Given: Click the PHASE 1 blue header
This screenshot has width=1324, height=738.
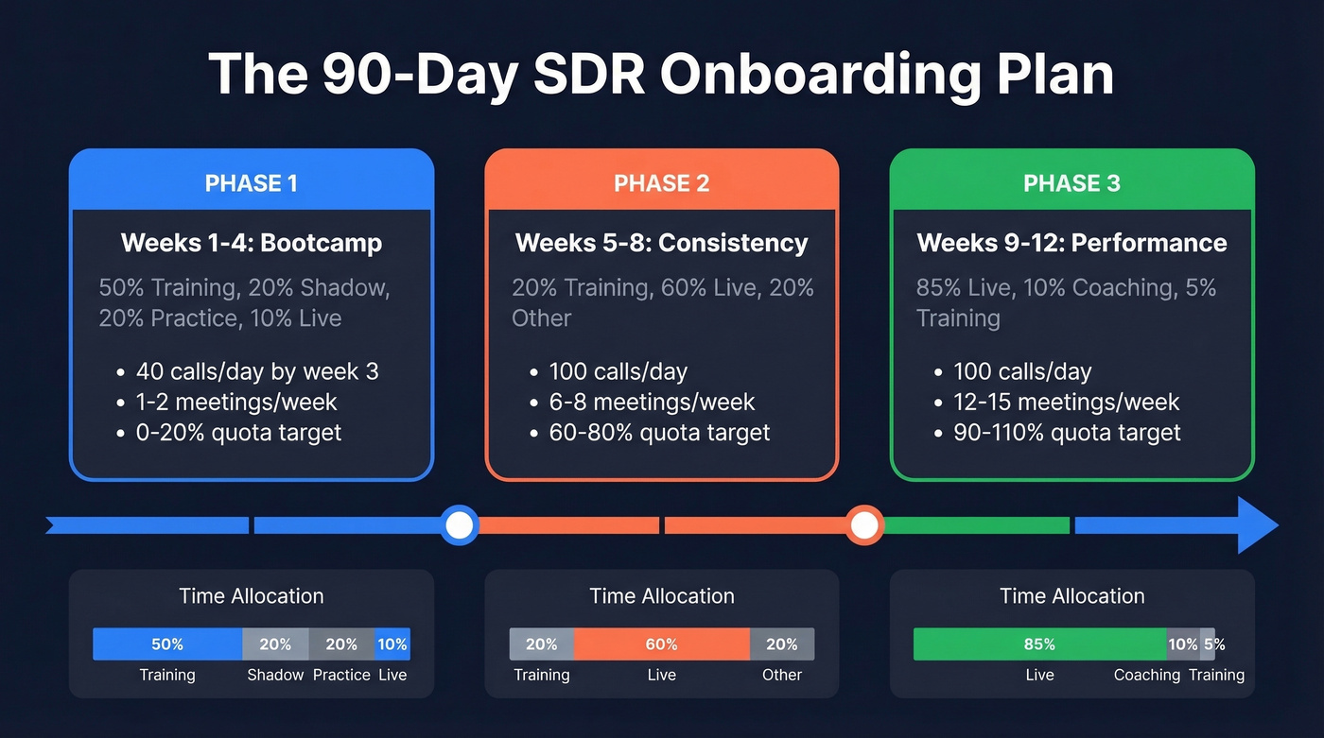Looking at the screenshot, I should (251, 182).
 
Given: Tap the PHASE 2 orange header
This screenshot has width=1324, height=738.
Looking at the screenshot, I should (661, 182).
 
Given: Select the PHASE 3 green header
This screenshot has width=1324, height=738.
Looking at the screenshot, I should (1071, 182).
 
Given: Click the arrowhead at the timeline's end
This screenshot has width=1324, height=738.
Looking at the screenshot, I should (1258, 524).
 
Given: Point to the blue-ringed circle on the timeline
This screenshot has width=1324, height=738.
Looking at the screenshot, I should (460, 524).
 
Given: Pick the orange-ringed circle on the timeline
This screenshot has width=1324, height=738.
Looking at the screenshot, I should (863, 524).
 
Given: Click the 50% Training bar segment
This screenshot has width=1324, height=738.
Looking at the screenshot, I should (167, 644).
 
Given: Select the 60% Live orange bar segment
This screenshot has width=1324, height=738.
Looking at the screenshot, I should (661, 644).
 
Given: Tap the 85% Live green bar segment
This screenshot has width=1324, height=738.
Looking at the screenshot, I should (1039, 644).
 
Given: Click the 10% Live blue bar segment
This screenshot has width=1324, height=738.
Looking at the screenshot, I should (392, 644).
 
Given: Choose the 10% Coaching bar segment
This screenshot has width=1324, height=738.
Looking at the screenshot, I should (1183, 644).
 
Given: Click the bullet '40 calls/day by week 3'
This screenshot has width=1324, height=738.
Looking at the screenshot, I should (256, 371).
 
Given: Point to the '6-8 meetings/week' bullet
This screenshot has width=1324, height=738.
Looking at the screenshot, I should (652, 402).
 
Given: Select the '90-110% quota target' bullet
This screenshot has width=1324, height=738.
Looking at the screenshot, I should (1067, 433).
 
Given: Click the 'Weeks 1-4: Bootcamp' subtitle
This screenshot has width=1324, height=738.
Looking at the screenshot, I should (252, 243).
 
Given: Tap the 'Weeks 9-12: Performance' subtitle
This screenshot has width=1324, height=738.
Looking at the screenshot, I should (1071, 243).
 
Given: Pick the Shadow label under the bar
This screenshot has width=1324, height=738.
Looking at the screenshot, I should (275, 675).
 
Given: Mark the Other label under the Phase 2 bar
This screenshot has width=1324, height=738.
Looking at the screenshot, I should (782, 675).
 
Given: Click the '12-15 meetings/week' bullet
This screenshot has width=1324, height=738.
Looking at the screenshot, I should (1066, 402).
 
